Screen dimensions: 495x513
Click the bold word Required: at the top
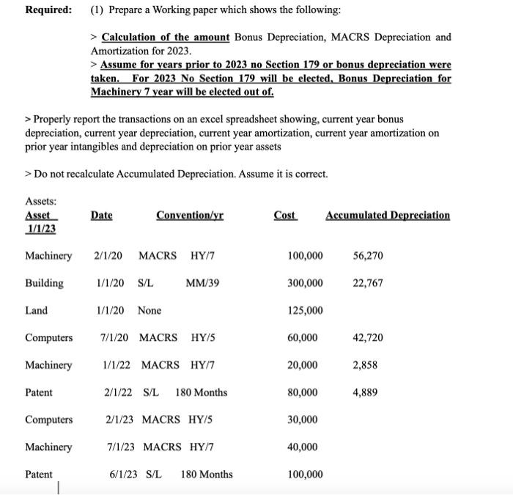[x=49, y=10]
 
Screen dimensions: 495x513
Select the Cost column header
[x=285, y=215]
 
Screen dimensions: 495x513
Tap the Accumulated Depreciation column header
[x=388, y=215]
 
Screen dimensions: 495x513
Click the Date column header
[x=102, y=215]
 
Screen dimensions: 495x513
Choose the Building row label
[x=44, y=283]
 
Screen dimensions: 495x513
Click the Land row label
[x=36, y=310]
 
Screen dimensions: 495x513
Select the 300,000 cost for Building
[x=305, y=283]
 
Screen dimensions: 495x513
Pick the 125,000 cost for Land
[x=305, y=310]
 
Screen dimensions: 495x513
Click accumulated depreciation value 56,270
[x=367, y=256]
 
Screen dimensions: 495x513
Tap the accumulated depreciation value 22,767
[x=367, y=283]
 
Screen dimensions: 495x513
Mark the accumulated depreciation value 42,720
[x=367, y=337]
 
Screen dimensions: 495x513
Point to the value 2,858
[x=365, y=364]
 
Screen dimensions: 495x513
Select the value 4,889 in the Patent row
[x=365, y=392]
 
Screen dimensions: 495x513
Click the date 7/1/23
[x=122, y=447]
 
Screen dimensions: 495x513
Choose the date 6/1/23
[x=124, y=474]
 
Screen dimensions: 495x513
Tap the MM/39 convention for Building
[x=203, y=283]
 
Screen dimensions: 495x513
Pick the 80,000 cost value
[x=303, y=392]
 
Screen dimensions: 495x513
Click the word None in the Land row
[x=150, y=310]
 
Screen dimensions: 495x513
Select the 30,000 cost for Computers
[x=303, y=419]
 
